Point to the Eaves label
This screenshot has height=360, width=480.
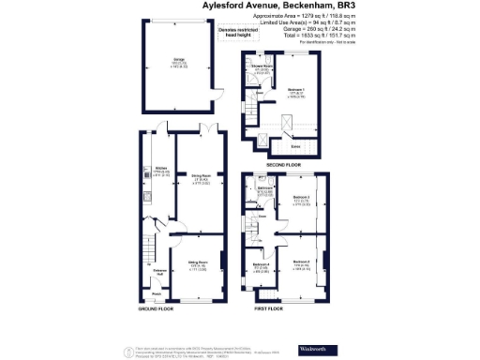[x=296, y=145]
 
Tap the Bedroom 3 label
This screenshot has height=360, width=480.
[x=303, y=197]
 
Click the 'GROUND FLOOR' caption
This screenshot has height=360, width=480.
[x=159, y=308]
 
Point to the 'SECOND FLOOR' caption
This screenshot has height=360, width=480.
[x=285, y=166]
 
